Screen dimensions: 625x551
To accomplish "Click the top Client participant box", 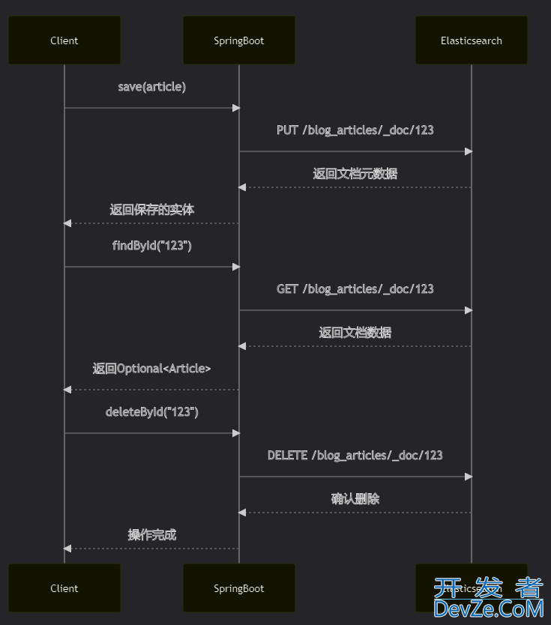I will click(x=64, y=40).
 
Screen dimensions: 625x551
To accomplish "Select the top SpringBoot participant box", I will click(x=239, y=40).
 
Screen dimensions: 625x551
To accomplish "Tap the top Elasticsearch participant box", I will click(x=472, y=40).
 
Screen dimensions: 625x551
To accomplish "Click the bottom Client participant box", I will click(x=64, y=588).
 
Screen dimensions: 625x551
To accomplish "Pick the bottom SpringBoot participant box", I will click(x=239, y=588).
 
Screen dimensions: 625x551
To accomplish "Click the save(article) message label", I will click(x=152, y=87).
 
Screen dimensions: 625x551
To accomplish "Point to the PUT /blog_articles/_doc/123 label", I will click(x=355, y=130).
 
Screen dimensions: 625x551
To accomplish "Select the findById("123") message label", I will click(x=152, y=246).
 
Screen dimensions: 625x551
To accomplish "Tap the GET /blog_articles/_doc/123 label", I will click(x=355, y=289).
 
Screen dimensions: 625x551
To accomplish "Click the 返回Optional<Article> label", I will click(x=152, y=369).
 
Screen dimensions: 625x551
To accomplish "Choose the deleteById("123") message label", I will click(x=152, y=412).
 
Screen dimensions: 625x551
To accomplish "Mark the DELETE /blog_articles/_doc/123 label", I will click(x=355, y=456).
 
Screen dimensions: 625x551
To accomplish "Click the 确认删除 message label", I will click(x=355, y=499).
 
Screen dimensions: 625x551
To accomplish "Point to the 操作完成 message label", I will click(x=152, y=535).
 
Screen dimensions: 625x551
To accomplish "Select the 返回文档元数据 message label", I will click(x=355, y=174).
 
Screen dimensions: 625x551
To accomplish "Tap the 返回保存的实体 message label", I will click(x=152, y=210).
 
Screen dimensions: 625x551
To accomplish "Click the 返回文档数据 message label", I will click(x=355, y=333).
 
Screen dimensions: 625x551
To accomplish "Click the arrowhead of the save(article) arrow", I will click(x=235, y=108).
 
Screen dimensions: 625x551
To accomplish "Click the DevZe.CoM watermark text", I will click(x=488, y=608).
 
